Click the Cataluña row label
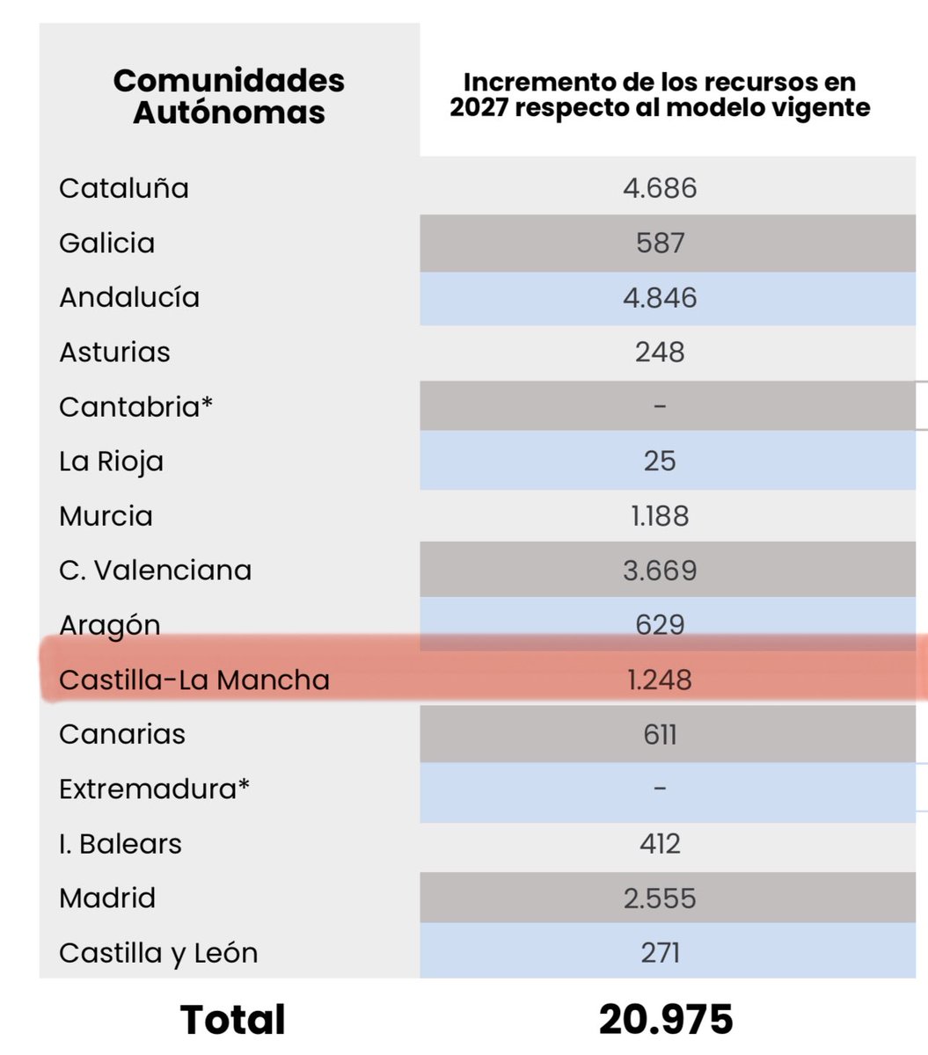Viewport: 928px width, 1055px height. pyautogui.click(x=124, y=188)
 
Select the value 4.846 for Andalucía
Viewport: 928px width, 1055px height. pyautogui.click(x=660, y=297)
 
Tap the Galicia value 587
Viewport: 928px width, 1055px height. pyautogui.click(x=660, y=243)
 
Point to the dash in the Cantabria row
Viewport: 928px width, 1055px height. pyautogui.click(x=660, y=407)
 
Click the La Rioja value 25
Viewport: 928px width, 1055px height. pyautogui.click(x=660, y=462)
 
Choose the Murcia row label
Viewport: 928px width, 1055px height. pyautogui.click(x=106, y=516)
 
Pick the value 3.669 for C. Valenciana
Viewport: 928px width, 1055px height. pyautogui.click(x=660, y=571)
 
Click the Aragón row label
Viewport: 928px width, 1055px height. pyautogui.click(x=110, y=625)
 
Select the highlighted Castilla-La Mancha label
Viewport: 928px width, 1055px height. pyautogui.click(x=194, y=680)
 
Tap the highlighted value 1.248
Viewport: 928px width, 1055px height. pyautogui.click(x=660, y=680)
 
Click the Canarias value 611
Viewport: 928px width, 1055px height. pyautogui.click(x=660, y=734)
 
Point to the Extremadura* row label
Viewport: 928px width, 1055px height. pyautogui.click(x=154, y=789)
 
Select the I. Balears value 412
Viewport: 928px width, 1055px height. pyautogui.click(x=660, y=844)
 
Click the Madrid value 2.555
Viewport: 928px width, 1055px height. pyautogui.click(x=660, y=899)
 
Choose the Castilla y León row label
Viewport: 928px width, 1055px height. pyautogui.click(x=158, y=953)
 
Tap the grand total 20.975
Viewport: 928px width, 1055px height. pyautogui.click(x=666, y=1020)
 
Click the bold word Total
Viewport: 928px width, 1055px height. pyautogui.click(x=232, y=1020)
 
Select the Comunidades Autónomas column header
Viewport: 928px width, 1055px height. pyautogui.click(x=229, y=96)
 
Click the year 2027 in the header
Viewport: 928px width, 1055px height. pyautogui.click(x=481, y=107)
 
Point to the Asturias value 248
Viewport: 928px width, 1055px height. pyautogui.click(x=660, y=353)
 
